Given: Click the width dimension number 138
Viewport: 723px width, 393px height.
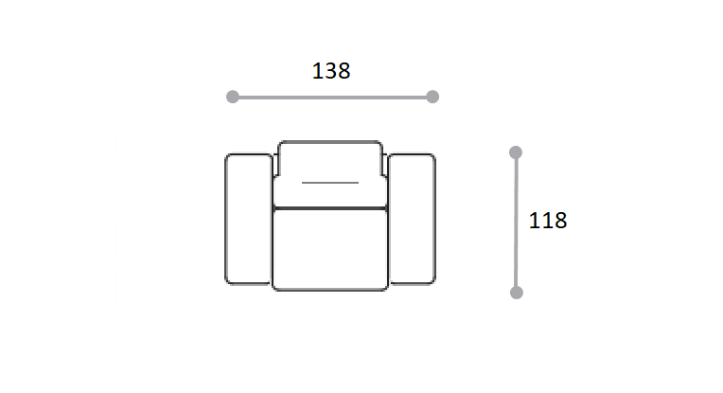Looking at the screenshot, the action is (x=331, y=71).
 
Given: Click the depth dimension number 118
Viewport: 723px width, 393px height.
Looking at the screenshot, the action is (x=548, y=221).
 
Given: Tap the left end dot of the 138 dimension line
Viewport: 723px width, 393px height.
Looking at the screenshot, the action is (x=233, y=97).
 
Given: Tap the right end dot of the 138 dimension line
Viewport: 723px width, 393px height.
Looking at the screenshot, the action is (x=432, y=97).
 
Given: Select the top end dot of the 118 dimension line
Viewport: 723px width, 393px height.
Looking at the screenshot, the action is (x=516, y=152).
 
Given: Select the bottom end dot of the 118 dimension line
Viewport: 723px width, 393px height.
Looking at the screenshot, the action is (x=517, y=293).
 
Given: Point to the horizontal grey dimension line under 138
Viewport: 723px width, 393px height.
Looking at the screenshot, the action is (x=332, y=98).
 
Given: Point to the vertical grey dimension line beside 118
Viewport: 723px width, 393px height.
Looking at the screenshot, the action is (x=516, y=223).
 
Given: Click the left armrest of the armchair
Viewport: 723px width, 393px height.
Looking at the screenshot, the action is (x=248, y=219).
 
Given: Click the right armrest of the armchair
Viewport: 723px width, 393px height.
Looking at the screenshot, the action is (x=413, y=219).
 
